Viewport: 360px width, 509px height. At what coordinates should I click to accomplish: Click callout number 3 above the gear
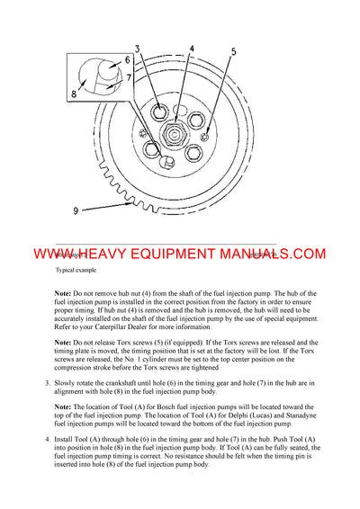[x=139, y=49]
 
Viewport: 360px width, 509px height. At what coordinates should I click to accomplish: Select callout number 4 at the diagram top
[x=192, y=49]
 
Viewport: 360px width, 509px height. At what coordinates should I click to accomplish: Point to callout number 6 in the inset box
[x=127, y=60]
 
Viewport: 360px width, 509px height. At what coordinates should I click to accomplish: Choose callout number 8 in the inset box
[x=74, y=92]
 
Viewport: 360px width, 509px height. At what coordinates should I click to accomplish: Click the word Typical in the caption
[x=67, y=270]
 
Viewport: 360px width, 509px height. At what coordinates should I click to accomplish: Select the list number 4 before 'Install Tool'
[x=47, y=441]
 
